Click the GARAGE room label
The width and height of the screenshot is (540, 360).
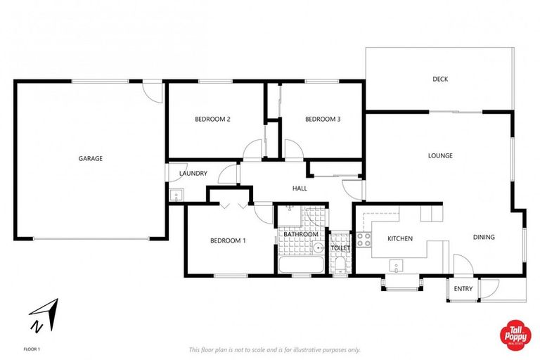click(90, 158)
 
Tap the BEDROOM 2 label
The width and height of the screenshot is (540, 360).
click(212, 119)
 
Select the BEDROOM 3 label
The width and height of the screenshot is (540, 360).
click(323, 119)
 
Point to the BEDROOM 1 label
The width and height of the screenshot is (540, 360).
click(228, 241)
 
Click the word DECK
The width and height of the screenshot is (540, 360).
click(440, 79)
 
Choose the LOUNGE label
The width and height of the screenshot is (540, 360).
click(441, 155)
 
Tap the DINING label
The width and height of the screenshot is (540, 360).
click(484, 237)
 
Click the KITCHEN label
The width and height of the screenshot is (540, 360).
click(400, 238)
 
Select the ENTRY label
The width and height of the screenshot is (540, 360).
click(463, 288)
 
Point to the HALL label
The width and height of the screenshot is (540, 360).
click(300, 188)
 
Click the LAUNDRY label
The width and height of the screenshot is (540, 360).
click(193, 173)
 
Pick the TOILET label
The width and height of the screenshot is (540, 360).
click(340, 248)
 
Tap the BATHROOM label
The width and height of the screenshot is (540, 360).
click(302, 234)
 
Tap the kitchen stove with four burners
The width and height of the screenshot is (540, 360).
click(364, 238)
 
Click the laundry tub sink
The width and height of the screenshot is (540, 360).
click(176, 195)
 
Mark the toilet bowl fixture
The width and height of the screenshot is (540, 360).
click(340, 264)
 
